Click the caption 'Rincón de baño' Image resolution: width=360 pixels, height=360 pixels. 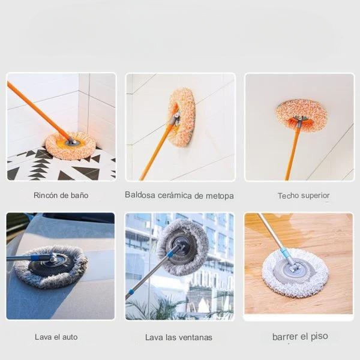click(x=61, y=196)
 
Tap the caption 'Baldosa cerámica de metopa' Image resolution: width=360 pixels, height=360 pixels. click(x=179, y=196)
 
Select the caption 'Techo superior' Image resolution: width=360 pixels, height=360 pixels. click(x=304, y=196)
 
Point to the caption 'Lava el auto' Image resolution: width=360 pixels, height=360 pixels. click(x=56, y=337)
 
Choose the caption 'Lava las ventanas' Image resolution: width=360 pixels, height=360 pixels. click(x=179, y=337)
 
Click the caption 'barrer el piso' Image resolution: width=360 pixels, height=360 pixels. click(x=300, y=337)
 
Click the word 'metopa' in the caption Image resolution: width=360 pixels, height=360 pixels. click(x=220, y=196)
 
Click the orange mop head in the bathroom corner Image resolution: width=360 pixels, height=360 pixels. click(x=71, y=146)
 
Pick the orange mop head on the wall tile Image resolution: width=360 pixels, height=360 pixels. click(x=182, y=118)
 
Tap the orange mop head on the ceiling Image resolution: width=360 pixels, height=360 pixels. click(x=301, y=114)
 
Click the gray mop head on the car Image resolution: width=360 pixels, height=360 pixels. click(x=50, y=266)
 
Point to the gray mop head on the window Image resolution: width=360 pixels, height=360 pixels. click(x=182, y=247)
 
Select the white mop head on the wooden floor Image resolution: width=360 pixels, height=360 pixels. click(x=295, y=273)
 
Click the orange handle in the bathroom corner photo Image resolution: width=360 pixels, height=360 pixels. click(x=38, y=111)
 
